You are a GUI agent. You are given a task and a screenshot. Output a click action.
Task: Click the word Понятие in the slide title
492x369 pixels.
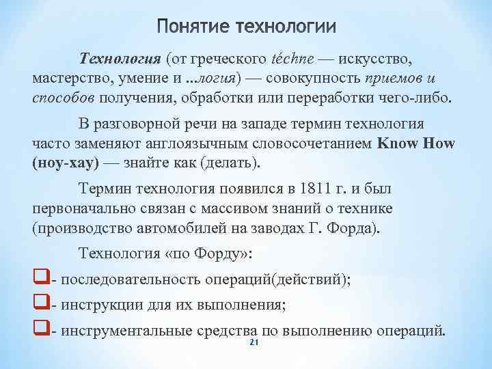tap(192, 27)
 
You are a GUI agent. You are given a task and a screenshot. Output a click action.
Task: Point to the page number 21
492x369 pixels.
tap(253, 342)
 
